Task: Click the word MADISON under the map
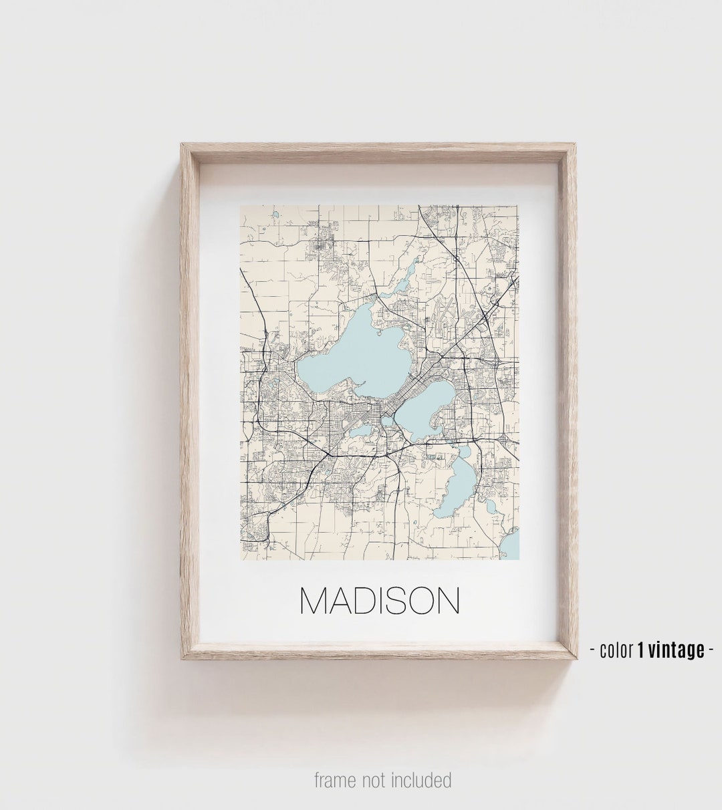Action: click(379, 601)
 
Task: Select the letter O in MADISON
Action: click(419, 601)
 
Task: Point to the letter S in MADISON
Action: click(392, 601)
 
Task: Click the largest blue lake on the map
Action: click(354, 351)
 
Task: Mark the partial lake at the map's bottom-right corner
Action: click(511, 544)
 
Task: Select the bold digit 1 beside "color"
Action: click(640, 649)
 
